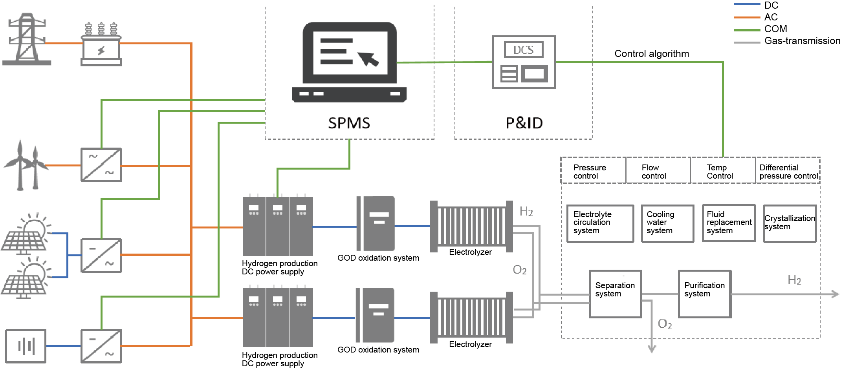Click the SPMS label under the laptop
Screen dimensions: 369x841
pos(349,123)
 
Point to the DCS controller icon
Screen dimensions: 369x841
pos(524,62)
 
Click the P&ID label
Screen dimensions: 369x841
pos(524,123)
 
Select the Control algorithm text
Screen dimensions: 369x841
pos(652,54)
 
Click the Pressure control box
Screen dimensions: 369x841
pos(593,172)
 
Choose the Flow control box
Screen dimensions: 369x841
pos(658,172)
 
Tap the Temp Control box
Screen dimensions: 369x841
pos(723,172)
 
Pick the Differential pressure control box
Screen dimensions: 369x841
pos(788,172)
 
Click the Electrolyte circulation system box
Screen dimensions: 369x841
pos(600,223)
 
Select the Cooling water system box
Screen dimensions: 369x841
pos(667,223)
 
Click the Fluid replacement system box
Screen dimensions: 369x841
pos(729,223)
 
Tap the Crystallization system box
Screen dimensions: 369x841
pos(790,223)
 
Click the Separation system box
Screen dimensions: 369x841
pos(615,294)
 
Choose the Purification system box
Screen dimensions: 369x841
pos(704,294)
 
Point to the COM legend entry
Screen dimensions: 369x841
pos(775,29)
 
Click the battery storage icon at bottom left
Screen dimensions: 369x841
pos(26,346)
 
